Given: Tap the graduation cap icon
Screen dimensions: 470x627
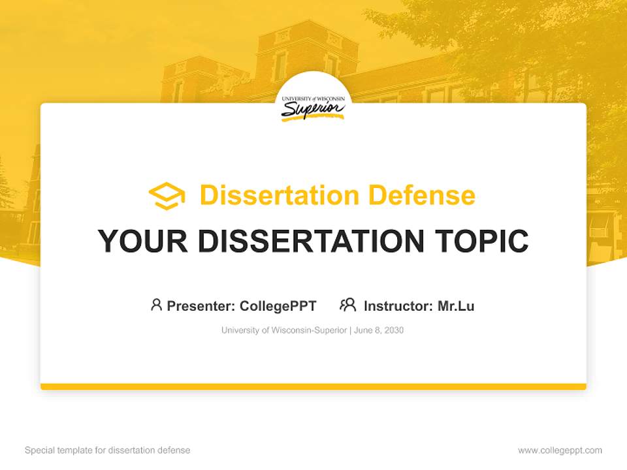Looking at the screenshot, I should pyautogui.click(x=167, y=195).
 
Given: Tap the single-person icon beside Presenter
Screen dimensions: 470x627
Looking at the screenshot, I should pyautogui.click(x=156, y=305).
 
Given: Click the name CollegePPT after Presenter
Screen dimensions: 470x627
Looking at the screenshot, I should pyautogui.click(x=278, y=305).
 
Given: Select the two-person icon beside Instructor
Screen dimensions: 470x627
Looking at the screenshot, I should pyautogui.click(x=347, y=305).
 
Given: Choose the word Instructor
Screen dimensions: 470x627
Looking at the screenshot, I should pyautogui.click(x=398, y=305).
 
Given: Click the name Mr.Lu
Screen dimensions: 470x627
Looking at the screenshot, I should pyautogui.click(x=456, y=305).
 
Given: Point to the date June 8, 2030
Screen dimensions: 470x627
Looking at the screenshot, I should pyautogui.click(x=379, y=330).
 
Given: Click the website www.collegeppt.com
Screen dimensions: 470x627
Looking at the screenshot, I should pyautogui.click(x=560, y=450).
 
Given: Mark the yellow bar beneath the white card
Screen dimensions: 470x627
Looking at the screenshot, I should pyautogui.click(x=313, y=386).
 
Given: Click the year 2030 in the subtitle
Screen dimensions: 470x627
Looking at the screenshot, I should pyautogui.click(x=394, y=330).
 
